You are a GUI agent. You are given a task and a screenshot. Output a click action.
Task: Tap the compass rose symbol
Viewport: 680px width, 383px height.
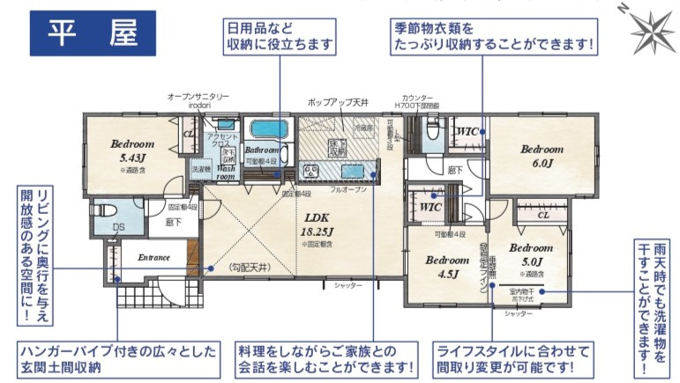click(x=652, y=32)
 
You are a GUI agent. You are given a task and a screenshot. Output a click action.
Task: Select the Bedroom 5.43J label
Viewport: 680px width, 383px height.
click(x=131, y=151)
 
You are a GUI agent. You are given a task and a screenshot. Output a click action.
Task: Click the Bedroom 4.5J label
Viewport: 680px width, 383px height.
click(x=446, y=267)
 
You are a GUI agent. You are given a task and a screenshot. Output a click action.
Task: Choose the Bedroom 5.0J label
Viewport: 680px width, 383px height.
click(x=530, y=254)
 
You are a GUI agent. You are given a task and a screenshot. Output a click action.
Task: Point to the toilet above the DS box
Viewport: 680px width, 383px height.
click(x=102, y=212)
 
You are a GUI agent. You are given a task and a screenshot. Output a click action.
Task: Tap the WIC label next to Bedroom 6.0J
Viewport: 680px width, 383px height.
click(x=467, y=132)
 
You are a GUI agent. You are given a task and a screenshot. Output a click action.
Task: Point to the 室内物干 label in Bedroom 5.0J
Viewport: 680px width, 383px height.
click(x=523, y=291)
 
